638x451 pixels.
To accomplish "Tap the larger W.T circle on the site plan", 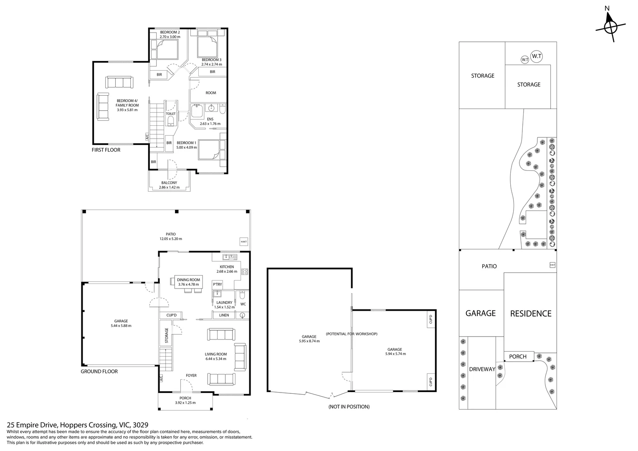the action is point(537,56).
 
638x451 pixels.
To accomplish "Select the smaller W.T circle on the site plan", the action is point(525,60).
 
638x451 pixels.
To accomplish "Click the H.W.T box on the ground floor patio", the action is point(244,242).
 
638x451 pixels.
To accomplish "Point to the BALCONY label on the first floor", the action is point(169,182).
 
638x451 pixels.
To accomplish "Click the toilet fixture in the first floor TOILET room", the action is point(171,121).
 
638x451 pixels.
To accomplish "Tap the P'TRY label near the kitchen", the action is point(217,284).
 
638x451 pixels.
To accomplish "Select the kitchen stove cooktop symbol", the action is point(244,271).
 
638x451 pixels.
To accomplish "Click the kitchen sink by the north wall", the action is point(230,257).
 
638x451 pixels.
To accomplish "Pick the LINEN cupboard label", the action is point(224,315).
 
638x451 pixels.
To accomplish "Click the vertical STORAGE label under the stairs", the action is point(167,335).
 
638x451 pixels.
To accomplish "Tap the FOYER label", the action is point(191,375).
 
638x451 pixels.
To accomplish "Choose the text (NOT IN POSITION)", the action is point(349,407).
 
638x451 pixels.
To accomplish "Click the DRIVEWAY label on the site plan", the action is point(482,369).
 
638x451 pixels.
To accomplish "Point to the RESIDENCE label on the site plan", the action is point(531,314).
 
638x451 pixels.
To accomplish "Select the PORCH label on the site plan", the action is point(518,356).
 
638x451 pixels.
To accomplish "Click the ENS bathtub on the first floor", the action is point(197,111).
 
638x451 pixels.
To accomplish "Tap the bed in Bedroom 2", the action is point(168,49).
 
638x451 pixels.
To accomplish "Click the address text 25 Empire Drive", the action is point(33,425).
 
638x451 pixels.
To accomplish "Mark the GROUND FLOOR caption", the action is point(99,371).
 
